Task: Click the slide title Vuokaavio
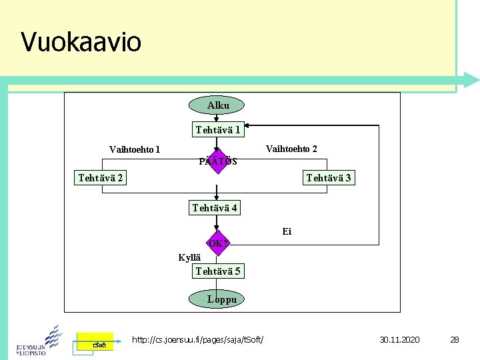tap(81, 42)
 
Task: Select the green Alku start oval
tap(217, 105)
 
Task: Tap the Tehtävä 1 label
tap(218, 129)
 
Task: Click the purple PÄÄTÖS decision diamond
tap(218, 161)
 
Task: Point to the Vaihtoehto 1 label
tap(135, 149)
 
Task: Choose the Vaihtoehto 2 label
tap(291, 149)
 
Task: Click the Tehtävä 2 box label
tap(100, 177)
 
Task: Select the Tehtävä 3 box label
tap(328, 178)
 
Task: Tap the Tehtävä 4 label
tap(215, 208)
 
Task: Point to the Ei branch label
tap(287, 232)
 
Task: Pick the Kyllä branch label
tap(189, 258)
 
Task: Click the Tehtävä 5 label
tap(218, 271)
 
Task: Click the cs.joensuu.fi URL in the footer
tap(198, 340)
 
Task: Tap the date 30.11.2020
tap(400, 340)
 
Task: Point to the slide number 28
tap(455, 340)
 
